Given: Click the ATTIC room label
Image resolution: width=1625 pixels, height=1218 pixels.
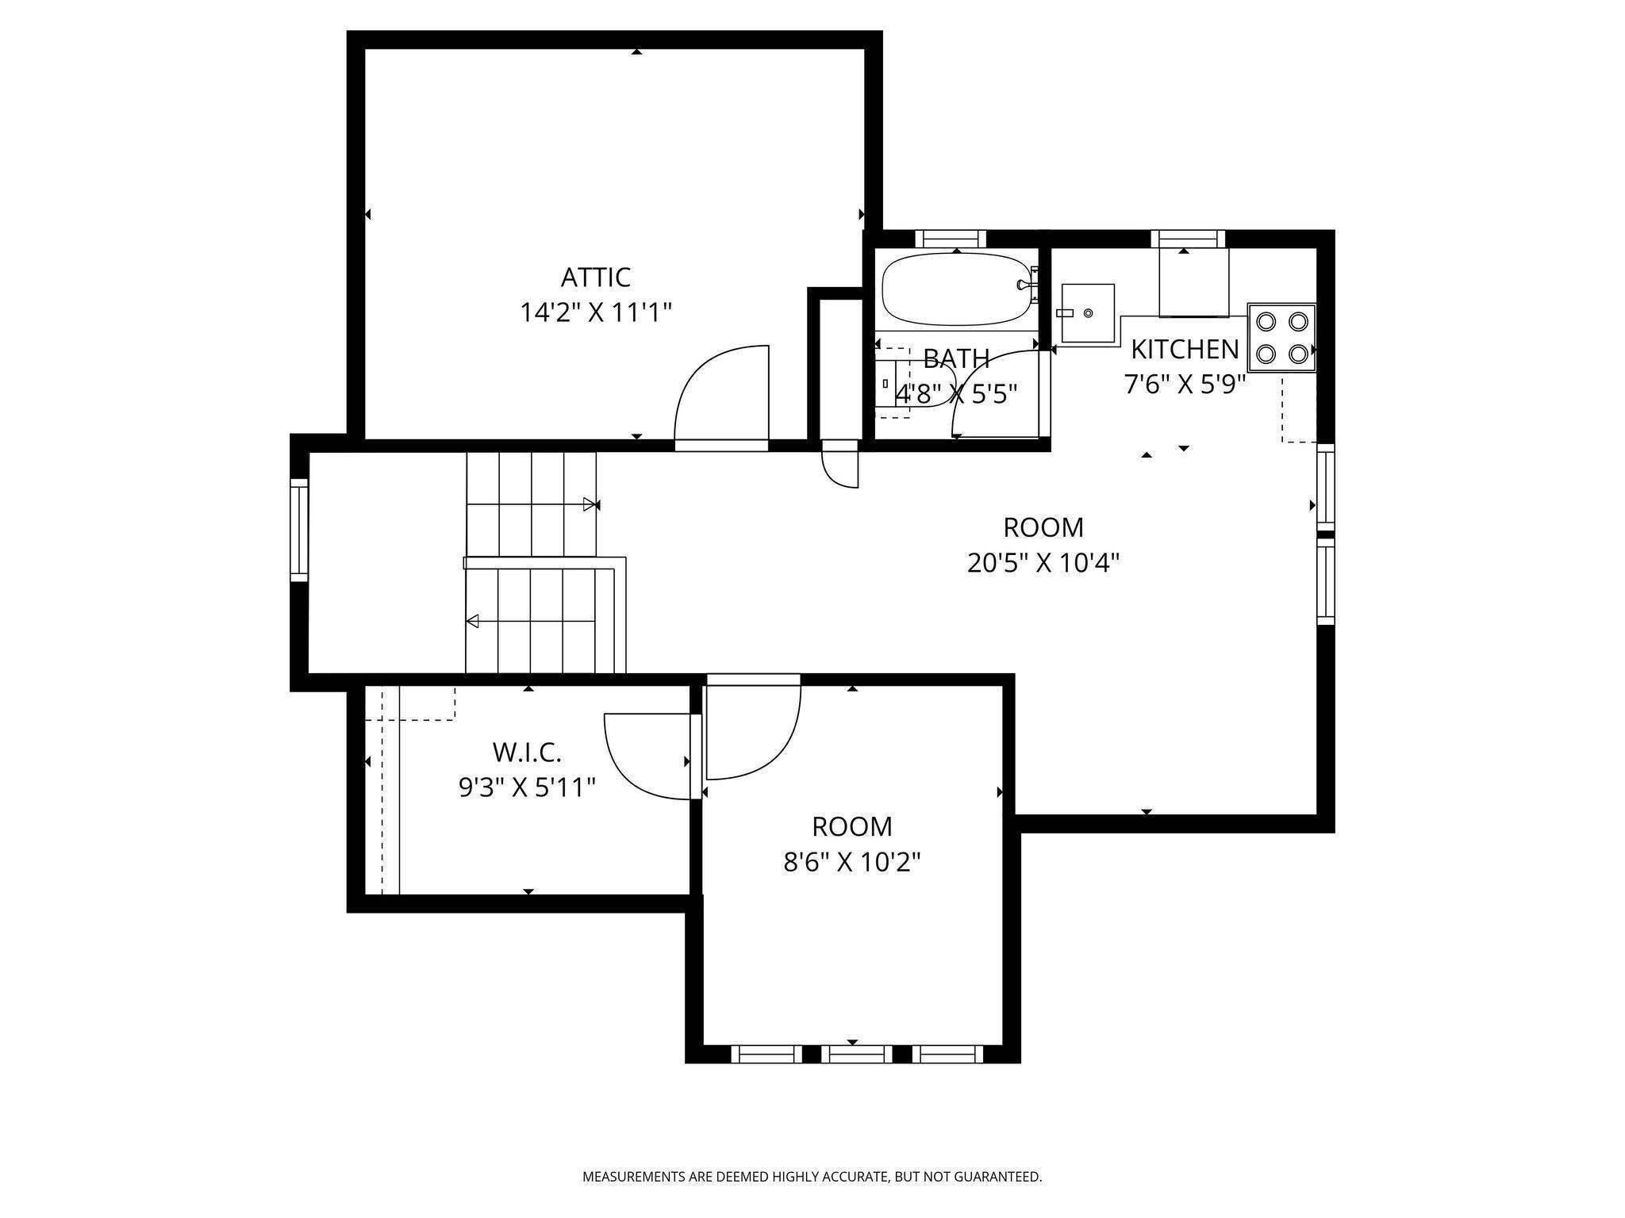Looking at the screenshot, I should point(595,278).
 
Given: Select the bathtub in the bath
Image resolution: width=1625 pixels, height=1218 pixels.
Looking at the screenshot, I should point(956,289).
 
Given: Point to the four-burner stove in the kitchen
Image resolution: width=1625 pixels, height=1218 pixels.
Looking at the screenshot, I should point(1281,337).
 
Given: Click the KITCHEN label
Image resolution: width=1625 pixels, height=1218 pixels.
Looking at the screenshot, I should point(1184,349).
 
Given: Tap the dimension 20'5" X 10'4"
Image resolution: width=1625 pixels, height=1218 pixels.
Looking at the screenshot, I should point(1043,563).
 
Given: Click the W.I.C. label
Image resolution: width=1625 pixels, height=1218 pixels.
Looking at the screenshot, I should point(527,752).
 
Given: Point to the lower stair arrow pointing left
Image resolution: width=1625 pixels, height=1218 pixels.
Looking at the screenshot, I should point(473,621).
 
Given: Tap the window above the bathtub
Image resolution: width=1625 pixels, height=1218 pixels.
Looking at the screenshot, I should point(950,239).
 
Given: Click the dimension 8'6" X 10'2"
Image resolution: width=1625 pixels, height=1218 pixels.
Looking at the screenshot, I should point(851,862).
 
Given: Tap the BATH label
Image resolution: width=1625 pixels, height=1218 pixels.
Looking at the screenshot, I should point(956,358).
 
